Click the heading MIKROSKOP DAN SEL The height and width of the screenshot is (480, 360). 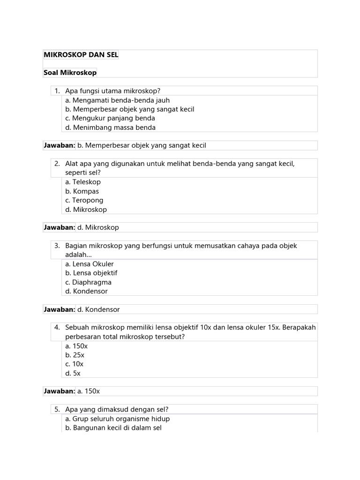click(81, 55)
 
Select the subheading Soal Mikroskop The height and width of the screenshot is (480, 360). click(70, 73)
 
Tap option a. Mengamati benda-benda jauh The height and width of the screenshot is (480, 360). click(117, 100)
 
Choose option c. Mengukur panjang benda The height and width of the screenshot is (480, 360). click(110, 118)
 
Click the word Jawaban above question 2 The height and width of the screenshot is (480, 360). click(60, 145)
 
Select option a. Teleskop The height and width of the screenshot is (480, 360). click(83, 182)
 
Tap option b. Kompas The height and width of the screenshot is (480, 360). click(82, 191)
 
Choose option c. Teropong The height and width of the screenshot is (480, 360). click(84, 200)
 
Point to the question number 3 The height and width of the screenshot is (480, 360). click(57, 246)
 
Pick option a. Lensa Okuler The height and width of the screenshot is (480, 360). click(90, 264)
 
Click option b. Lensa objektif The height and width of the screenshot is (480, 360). click(91, 273)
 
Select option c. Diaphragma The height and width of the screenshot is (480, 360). click(88, 282)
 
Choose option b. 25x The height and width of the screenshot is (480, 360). click(75, 355)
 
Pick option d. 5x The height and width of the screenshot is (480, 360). click(73, 373)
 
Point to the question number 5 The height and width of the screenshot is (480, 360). click(57, 409)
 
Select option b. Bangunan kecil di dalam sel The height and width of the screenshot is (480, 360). click(113, 427)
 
